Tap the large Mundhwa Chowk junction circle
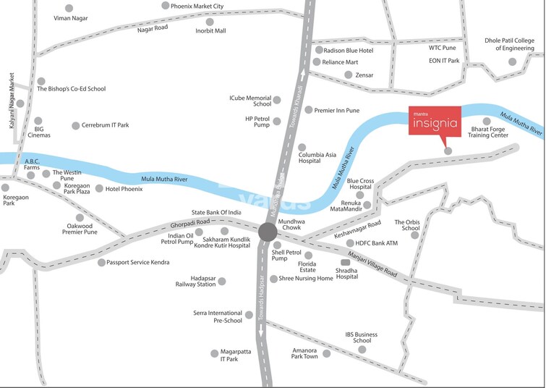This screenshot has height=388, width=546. click(267, 232)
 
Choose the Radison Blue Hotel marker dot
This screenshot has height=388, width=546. click(319, 50)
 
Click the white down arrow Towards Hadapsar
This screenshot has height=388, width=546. click(261, 330)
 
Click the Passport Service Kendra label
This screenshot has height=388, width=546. click(137, 262)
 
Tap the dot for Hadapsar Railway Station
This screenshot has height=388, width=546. click(222, 281)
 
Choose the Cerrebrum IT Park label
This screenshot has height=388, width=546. click(105, 125)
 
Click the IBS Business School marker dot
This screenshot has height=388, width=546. click(362, 348)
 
